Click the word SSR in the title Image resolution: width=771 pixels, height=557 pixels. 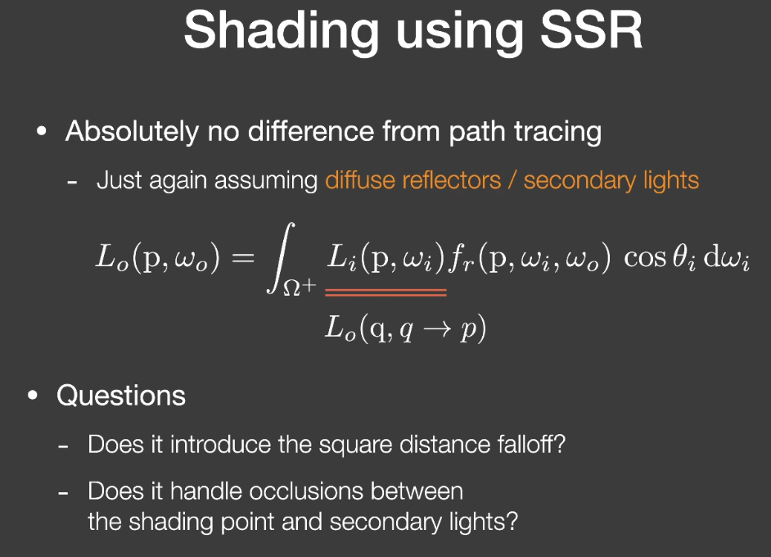tap(591, 30)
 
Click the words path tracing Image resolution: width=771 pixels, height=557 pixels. tap(525, 133)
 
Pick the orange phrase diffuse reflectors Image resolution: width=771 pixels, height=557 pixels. tap(413, 180)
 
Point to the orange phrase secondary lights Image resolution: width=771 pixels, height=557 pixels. tap(611, 180)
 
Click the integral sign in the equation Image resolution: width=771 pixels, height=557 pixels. tap(281, 258)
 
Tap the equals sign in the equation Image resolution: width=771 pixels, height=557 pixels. tap(243, 258)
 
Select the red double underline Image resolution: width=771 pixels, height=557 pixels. tap(386, 292)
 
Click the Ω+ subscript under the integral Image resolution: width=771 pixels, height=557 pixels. tap(299, 286)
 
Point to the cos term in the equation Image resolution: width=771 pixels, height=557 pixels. tap(645, 258)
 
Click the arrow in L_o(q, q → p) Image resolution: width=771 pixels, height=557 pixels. tap(437, 329)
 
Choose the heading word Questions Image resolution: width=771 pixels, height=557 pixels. tap(121, 396)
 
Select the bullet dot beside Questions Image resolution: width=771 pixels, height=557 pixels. tap(33, 396)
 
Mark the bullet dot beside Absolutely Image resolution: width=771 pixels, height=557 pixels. tap(42, 132)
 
